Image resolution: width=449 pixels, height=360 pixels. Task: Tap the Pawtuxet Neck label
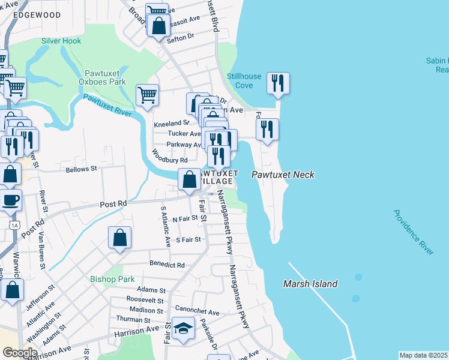(x=283, y=175)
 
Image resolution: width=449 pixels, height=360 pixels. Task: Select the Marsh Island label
(x=310, y=284)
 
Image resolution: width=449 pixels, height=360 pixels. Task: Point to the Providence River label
(x=414, y=232)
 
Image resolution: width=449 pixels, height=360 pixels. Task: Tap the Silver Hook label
(x=61, y=41)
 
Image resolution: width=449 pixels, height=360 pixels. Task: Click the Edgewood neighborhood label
(x=37, y=14)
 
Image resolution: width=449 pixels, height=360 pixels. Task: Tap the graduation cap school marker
(x=184, y=328)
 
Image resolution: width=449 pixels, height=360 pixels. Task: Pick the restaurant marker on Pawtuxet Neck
(x=267, y=128)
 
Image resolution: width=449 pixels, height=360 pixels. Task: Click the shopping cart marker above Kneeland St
(x=147, y=94)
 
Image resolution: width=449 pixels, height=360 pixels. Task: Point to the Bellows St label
(x=80, y=169)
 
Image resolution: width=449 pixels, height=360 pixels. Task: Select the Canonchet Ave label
(x=197, y=312)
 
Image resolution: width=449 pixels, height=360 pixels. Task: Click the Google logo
(x=19, y=352)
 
